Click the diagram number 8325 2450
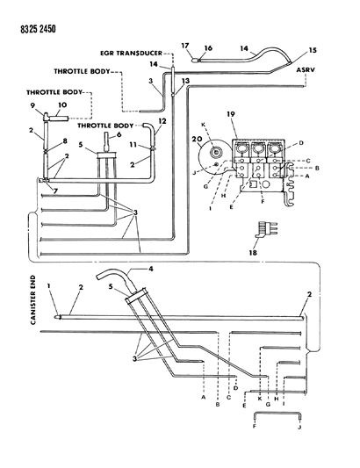coord(38,29)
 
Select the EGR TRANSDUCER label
coord(131,54)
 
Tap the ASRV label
coord(306,70)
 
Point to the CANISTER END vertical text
coord(32,299)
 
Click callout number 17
coord(185,46)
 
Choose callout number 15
coord(313,50)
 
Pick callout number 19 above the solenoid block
coord(230,114)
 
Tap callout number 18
coord(253,253)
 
